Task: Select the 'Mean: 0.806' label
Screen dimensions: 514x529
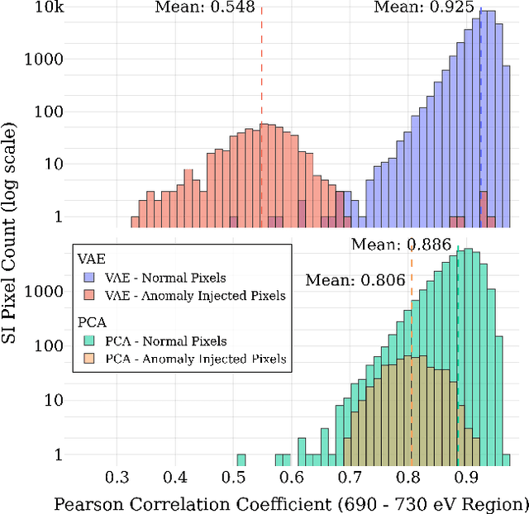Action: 355,280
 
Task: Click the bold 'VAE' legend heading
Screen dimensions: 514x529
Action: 89,259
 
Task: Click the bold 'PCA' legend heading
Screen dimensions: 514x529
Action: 89,322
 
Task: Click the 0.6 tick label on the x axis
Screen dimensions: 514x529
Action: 292,478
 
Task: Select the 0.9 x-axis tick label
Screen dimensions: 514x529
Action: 467,478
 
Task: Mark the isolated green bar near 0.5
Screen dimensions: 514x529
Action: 241,459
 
